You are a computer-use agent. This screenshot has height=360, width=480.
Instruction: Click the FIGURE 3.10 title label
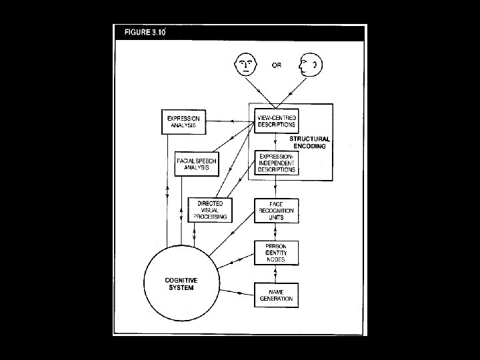tap(143, 33)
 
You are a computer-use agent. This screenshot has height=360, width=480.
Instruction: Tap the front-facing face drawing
tap(245, 65)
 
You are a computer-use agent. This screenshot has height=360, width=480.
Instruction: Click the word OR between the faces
tap(277, 65)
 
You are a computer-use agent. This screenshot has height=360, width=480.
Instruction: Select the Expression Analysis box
tap(183, 121)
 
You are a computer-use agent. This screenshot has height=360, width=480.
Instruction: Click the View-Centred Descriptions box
tap(276, 121)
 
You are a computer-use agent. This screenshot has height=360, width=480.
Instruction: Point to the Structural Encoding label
tap(307, 142)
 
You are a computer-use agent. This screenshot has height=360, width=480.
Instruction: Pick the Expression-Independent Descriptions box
tap(276, 163)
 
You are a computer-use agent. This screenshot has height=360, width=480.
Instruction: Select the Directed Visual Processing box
tap(210, 209)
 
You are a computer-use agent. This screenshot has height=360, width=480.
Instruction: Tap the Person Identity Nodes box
tap(276, 253)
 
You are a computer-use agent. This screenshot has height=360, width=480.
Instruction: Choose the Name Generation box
tap(276, 295)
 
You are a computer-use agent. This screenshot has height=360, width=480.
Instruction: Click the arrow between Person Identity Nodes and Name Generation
tap(276, 274)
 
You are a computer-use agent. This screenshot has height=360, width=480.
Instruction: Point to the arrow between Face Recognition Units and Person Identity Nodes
tap(276, 231)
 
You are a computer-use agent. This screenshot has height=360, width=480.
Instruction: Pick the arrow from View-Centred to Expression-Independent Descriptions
tap(276, 142)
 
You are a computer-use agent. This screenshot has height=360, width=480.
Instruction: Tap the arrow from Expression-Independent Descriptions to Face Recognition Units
tap(276, 187)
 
